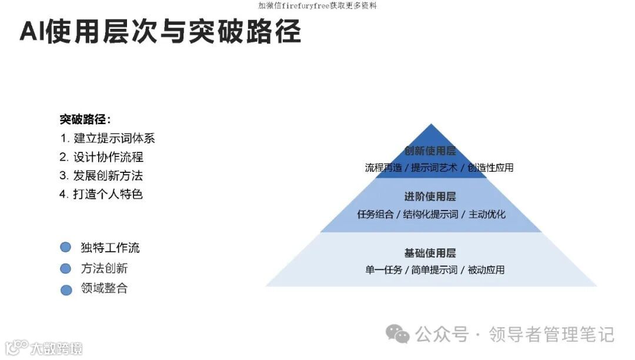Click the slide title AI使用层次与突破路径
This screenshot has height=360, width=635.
[x=160, y=32]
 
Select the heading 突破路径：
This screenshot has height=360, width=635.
[x=85, y=119]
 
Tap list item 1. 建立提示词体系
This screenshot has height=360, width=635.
[x=107, y=139]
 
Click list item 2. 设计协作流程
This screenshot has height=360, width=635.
[x=101, y=157]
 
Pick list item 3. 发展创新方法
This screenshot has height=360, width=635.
[x=101, y=175]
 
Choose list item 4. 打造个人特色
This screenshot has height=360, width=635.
[x=101, y=194]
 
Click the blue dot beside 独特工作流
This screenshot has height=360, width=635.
[x=66, y=248]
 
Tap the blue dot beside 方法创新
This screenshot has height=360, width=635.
[x=66, y=269]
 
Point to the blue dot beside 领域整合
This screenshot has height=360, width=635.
[x=66, y=289]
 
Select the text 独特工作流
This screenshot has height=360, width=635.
[x=110, y=248]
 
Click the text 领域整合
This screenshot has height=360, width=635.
[x=104, y=288]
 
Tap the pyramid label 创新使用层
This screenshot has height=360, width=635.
[x=430, y=151]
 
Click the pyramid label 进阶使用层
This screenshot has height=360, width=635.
[x=430, y=196]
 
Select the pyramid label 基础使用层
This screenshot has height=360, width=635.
[x=430, y=253]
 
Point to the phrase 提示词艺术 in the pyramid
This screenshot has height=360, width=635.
[x=434, y=168]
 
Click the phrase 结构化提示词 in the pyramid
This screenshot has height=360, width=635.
[x=430, y=214]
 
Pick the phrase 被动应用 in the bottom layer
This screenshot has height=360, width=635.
[x=486, y=270]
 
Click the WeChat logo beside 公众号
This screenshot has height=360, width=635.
[x=397, y=335]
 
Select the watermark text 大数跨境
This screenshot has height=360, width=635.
[x=56, y=348]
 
